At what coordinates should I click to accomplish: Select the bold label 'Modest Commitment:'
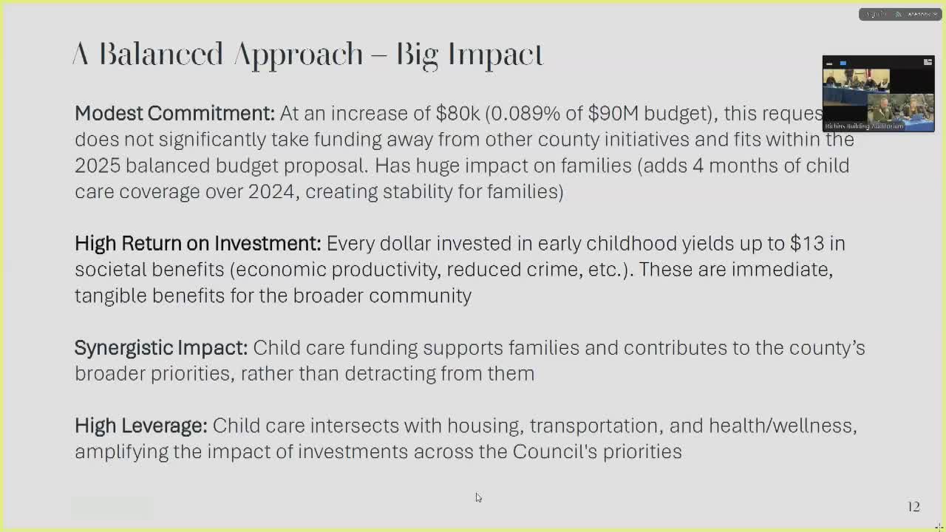pos(174,113)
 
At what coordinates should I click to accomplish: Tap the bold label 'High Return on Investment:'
pos(197,243)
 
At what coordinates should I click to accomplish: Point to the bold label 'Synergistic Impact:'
pos(161,347)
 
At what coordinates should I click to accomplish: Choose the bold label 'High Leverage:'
pos(140,426)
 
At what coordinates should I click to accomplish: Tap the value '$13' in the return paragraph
pos(806,243)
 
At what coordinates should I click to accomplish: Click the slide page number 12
pos(913,507)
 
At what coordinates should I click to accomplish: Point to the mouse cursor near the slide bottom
pos(478,497)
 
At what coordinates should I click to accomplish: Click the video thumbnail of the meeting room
pos(878,95)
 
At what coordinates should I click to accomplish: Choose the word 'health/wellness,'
pos(782,426)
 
